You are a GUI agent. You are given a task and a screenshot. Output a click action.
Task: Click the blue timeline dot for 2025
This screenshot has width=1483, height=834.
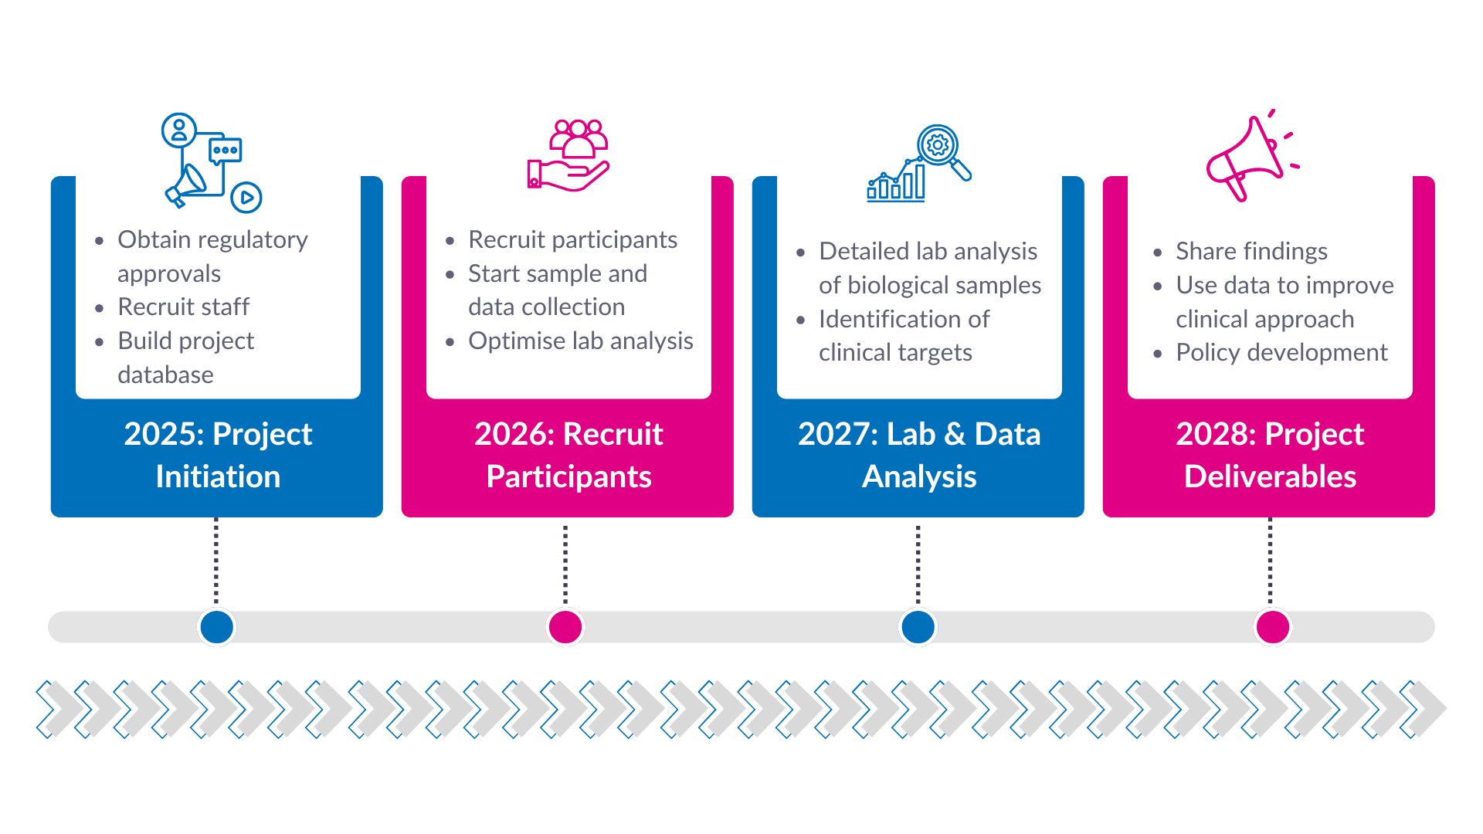216,627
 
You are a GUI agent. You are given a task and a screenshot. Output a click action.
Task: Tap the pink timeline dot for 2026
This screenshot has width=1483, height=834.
565,627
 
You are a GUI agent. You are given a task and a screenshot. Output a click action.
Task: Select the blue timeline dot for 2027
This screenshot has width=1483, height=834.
918,627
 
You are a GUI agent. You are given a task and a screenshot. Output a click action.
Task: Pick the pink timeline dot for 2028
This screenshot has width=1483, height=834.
1272,627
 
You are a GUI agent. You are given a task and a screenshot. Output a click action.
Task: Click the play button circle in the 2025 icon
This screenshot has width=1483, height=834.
246,198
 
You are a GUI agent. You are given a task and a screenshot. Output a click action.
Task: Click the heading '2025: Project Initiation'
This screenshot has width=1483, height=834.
218,455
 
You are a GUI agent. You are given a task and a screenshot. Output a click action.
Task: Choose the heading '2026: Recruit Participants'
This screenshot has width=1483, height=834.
568,455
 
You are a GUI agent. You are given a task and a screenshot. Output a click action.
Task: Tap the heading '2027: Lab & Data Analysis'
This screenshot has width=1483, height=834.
919,455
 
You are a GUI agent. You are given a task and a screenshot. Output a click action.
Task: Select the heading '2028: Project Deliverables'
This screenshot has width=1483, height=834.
1270,455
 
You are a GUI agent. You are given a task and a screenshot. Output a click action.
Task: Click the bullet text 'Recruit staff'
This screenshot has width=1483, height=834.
184,307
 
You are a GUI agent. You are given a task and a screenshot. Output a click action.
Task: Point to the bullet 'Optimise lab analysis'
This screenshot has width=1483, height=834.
580,341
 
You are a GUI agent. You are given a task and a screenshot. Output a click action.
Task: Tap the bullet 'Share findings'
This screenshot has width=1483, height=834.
1251,251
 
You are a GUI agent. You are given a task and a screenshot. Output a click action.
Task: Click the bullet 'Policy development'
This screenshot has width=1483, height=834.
1281,352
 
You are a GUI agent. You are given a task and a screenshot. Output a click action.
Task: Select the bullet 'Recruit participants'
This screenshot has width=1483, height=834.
572,239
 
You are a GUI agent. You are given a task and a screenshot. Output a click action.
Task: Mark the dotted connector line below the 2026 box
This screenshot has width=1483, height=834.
565,564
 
